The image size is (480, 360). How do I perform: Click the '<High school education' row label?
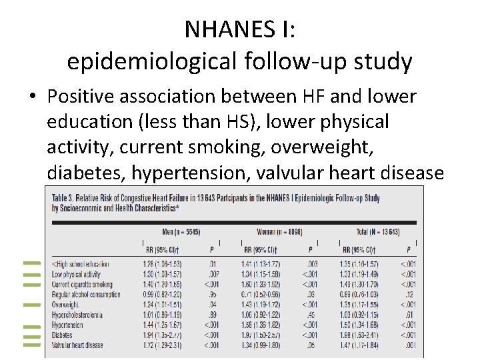tap(81, 264)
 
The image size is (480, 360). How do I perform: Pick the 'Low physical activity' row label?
tap(77, 274)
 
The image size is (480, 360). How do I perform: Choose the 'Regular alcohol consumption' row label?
tap(87, 294)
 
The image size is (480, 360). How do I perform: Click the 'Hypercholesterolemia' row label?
tap(79, 315)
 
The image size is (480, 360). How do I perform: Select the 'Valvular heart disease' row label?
tap(78, 345)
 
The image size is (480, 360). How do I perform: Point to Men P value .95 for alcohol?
tap(211, 294)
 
